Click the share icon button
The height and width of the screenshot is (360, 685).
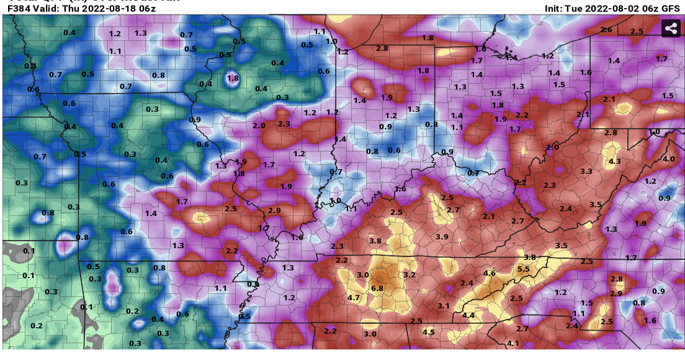tap(670, 29)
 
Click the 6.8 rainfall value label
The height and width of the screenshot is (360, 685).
tap(377, 288)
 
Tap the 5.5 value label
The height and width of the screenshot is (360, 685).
tap(523, 269)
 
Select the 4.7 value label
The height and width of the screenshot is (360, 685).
tap(354, 298)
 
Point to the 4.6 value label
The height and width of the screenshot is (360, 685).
tap(489, 273)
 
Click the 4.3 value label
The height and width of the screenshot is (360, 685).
tap(615, 161)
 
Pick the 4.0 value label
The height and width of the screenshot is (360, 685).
tap(668, 159)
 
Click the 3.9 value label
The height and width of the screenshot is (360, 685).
tap(442, 237)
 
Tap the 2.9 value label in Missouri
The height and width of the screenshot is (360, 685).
tap(274, 211)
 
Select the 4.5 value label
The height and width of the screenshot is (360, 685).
tap(428, 332)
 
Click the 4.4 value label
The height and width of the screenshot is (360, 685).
tap(468, 315)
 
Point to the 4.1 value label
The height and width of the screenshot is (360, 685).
tap(513, 343)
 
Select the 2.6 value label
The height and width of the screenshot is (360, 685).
tap(606, 30)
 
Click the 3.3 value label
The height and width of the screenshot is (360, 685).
tap(586, 171)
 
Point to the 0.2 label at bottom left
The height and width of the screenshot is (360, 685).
tap(37, 326)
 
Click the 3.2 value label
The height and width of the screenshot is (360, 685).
tap(409, 274)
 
